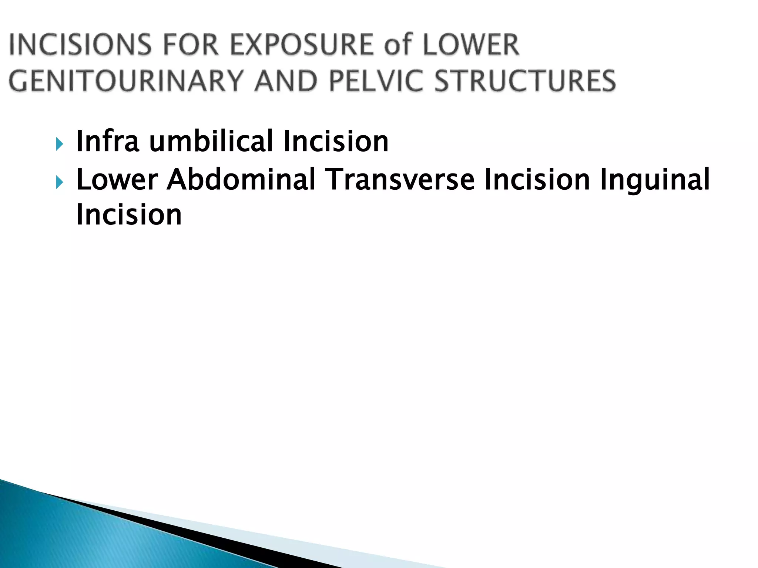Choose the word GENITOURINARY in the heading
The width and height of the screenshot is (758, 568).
pyautogui.click(x=126, y=81)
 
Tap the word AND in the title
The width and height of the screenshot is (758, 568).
pyautogui.click(x=285, y=81)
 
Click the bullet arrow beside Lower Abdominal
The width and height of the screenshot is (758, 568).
pyautogui.click(x=59, y=182)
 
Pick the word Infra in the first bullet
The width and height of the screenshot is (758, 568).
pyautogui.click(x=108, y=141)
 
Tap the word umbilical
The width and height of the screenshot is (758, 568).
pyautogui.click(x=211, y=141)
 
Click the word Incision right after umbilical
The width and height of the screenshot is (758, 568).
pyautogui.click(x=335, y=141)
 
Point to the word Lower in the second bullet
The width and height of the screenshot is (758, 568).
pyautogui.click(x=117, y=180)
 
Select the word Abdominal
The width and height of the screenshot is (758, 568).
pyautogui.click(x=241, y=180)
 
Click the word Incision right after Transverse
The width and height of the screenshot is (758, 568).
pyautogui.click(x=537, y=180)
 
